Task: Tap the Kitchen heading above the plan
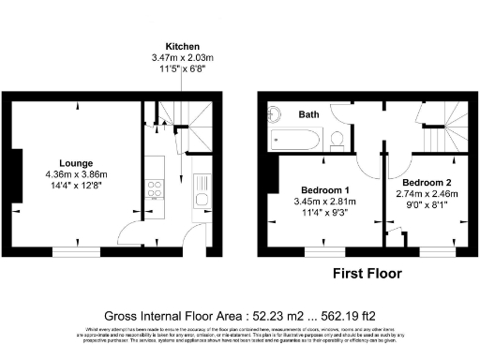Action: (181, 46)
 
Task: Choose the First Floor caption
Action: (367, 274)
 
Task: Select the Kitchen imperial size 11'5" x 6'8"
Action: (181, 68)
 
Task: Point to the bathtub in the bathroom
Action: (295, 142)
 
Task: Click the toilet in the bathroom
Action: (337, 140)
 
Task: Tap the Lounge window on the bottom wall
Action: (76, 250)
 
